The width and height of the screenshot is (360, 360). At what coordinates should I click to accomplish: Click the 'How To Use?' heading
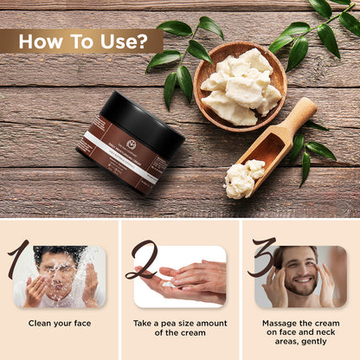[x=80, y=41]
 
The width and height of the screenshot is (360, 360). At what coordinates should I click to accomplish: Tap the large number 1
[x=18, y=260]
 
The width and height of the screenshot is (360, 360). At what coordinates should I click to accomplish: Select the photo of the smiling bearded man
[x=301, y=277]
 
